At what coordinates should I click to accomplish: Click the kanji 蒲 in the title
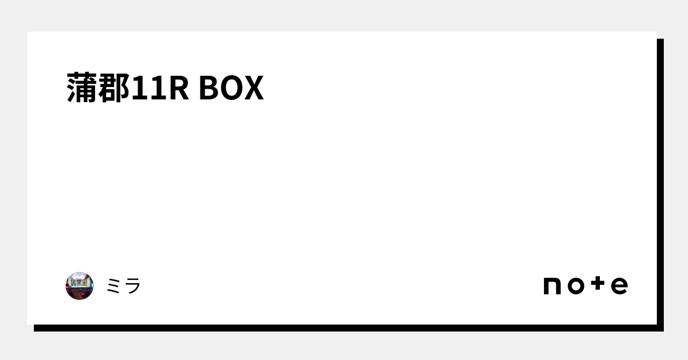(x=83, y=88)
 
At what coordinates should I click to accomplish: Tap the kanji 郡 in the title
(x=114, y=88)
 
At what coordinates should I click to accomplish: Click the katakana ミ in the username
(x=114, y=286)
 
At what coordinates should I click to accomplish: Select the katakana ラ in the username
(x=132, y=286)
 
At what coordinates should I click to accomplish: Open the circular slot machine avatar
(x=80, y=286)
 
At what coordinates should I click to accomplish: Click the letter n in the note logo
(x=553, y=286)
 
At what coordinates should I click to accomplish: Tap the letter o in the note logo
(x=576, y=286)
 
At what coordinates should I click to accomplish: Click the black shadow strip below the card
(x=344, y=328)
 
